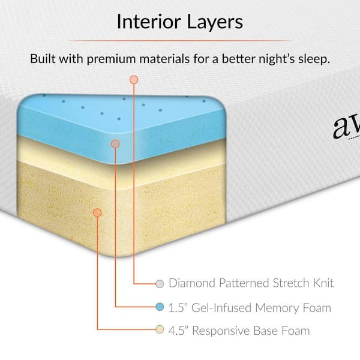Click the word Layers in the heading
coord(214,23)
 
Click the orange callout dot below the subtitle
coord(133,79)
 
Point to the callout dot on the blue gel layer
coord(115,144)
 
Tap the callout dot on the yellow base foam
coord(98,211)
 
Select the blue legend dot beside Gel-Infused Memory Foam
coord(160,307)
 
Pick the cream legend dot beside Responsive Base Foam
coord(160,330)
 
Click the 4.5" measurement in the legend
coord(179,330)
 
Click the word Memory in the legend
coord(278,307)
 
